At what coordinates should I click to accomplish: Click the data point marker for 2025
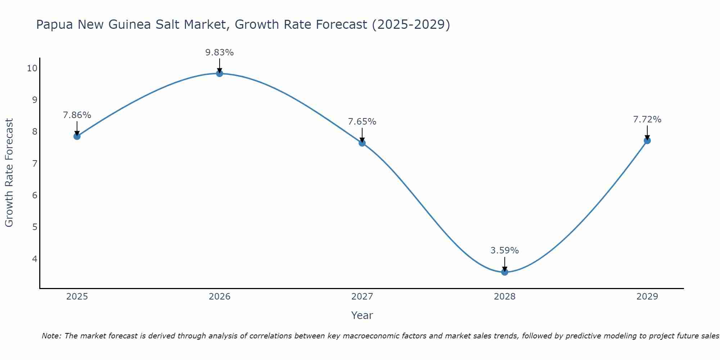coord(77,136)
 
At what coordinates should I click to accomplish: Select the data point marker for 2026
coord(219,73)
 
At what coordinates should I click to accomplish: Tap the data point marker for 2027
coord(362,143)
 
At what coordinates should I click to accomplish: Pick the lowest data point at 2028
coord(504,272)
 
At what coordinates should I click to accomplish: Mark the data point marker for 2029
coord(647,140)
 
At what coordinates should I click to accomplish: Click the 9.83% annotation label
coord(219,53)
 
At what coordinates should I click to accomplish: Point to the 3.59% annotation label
coord(504,251)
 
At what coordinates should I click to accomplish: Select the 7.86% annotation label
coord(77,115)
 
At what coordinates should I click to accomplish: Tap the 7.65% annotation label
coord(362,122)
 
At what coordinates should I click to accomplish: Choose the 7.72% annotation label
coord(647,120)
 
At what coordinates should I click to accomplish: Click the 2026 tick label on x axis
coord(220,297)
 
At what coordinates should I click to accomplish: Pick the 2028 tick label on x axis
coord(504,297)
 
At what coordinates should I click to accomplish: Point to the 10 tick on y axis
coord(32,68)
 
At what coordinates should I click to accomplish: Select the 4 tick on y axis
coord(35,259)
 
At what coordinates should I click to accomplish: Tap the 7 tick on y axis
coord(35,164)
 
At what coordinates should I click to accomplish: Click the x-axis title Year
coord(362,315)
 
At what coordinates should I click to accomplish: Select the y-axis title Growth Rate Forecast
coord(9,172)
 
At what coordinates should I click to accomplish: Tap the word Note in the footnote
coord(51,336)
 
